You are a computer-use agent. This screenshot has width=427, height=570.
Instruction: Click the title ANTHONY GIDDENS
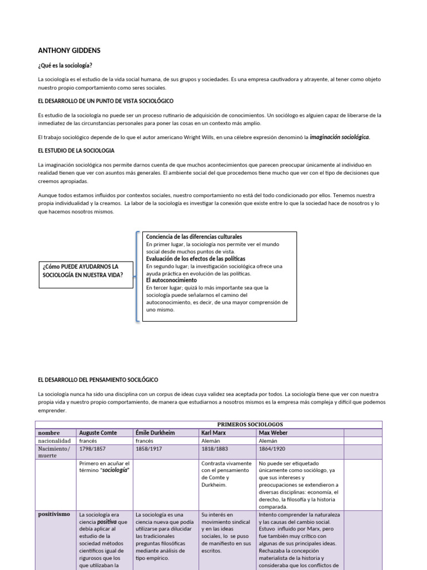coord(69,51)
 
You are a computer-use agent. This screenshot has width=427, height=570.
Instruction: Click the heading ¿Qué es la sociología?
coord(64,65)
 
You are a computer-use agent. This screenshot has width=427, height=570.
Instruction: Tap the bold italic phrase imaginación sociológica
coord(339,136)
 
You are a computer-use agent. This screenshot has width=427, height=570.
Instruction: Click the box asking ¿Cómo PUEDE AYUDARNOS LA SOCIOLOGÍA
coord(86,274)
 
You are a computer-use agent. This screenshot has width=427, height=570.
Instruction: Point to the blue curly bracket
coord(137,276)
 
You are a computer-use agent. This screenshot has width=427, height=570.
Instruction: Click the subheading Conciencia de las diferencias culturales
coord(194,237)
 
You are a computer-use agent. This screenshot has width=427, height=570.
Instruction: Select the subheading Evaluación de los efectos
coord(195,259)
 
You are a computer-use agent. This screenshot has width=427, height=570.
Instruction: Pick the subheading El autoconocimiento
coord(171,281)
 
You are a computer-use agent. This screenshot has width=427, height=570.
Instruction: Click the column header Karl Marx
coord(214,433)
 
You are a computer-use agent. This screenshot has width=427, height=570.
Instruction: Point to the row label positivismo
coord(54,514)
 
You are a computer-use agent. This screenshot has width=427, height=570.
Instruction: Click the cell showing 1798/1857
coord(93,448)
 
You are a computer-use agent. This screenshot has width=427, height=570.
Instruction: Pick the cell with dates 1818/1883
coord(215,448)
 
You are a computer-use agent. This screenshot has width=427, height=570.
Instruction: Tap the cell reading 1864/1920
coord(273,448)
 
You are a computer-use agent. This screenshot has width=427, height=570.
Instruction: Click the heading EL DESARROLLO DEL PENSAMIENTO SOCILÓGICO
coord(98,380)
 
